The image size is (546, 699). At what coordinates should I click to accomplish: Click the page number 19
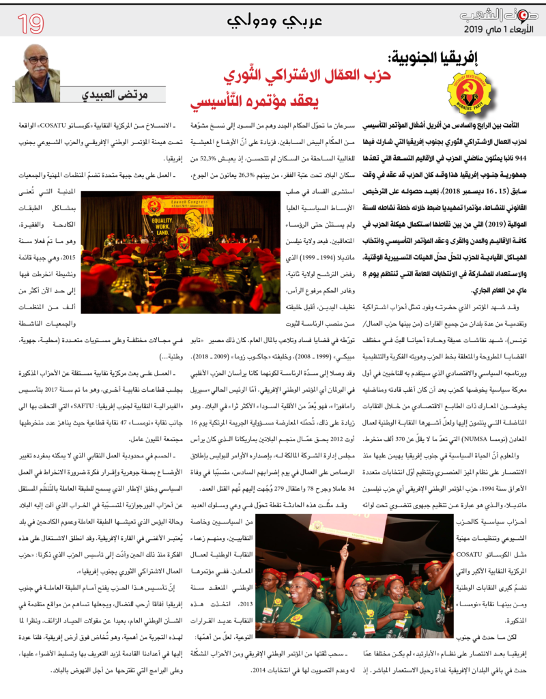pyautogui.click(x=31, y=24)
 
